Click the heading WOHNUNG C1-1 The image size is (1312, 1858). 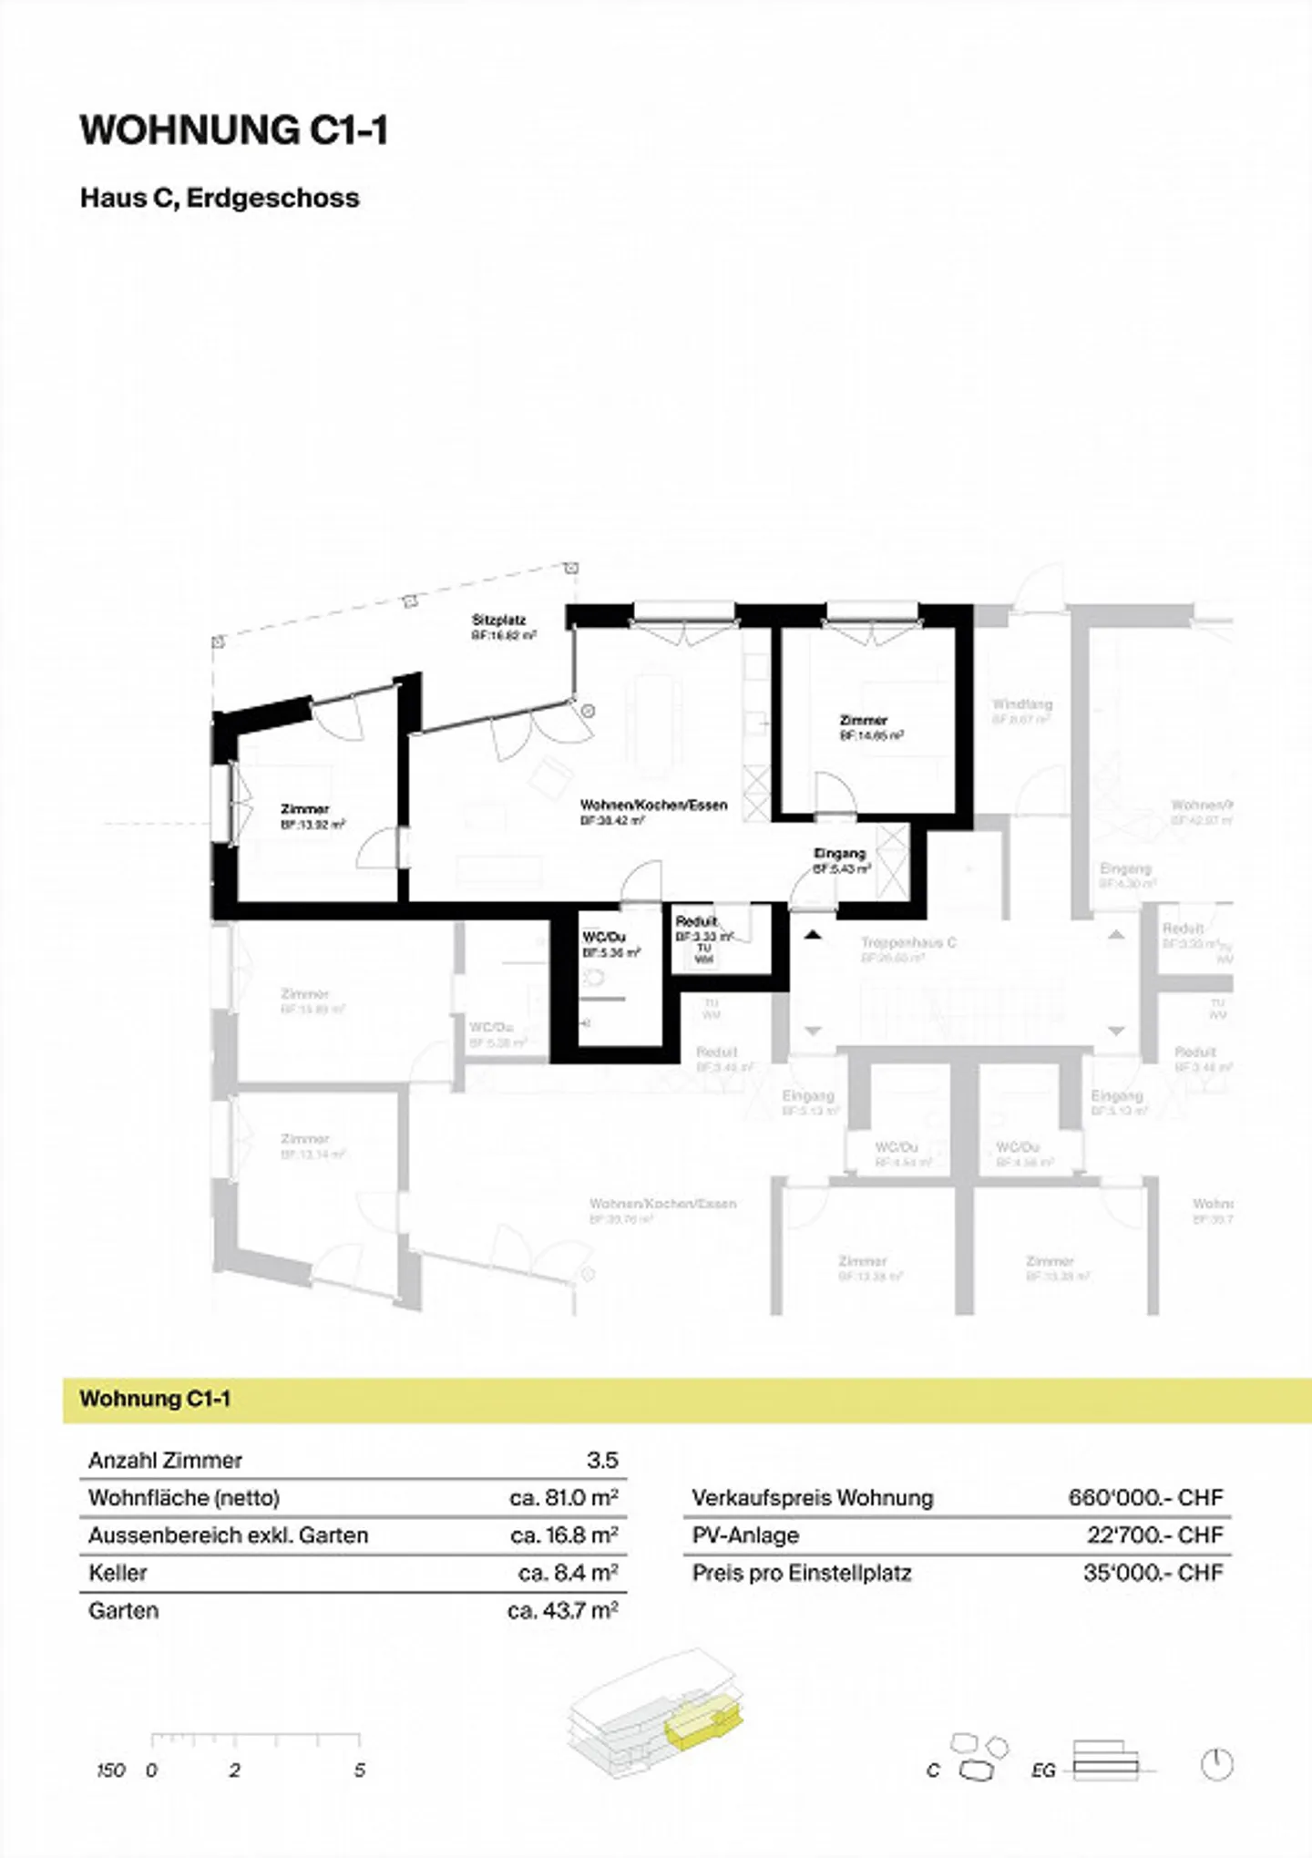click(234, 130)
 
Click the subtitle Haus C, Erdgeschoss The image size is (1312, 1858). click(220, 198)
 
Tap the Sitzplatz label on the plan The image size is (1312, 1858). click(498, 620)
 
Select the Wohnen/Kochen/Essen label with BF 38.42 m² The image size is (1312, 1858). click(653, 805)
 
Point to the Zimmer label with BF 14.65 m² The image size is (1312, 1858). click(863, 720)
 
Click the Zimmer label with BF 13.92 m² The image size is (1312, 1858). click(304, 809)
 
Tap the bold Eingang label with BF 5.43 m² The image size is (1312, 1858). click(839, 854)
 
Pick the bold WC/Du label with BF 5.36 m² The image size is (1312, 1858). click(604, 938)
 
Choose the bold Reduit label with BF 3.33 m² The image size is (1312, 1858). click(696, 921)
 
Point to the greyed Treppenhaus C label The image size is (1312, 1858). click(908, 942)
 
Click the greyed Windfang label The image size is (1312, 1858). click(1022, 704)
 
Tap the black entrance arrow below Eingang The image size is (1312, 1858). click(813, 935)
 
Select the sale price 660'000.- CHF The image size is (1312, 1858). click(1145, 1497)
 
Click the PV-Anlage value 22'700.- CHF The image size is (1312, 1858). click(1154, 1535)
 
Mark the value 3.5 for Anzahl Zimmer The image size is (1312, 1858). click(602, 1460)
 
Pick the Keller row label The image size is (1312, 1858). click(118, 1573)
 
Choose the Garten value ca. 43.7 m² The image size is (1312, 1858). click(563, 1610)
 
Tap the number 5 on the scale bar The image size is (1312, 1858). click(360, 1770)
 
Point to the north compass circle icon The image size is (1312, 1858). click(1216, 1765)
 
